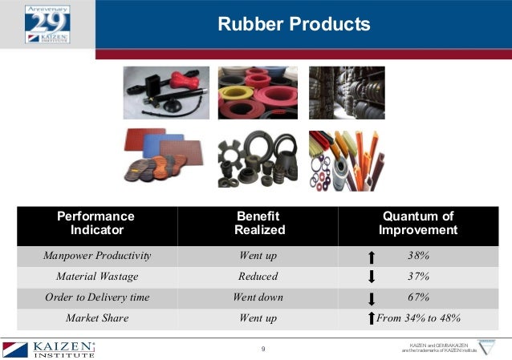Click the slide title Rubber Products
[294, 25]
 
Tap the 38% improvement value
[417, 257]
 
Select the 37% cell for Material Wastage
[417, 277]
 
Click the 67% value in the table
[417, 297]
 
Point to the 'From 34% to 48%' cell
[418, 318]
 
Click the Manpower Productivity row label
[97, 257]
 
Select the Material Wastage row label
[97, 277]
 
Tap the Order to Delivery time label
[97, 297]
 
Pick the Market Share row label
[97, 318]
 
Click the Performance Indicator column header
[96, 224]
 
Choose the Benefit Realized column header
[258, 224]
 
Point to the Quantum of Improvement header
[417, 224]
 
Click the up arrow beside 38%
[371, 257]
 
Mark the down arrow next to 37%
[371, 277]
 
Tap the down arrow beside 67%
[371, 298]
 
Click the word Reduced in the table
[258, 277]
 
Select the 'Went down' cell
[258, 297]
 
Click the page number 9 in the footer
[263, 349]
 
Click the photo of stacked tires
[347, 92]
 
